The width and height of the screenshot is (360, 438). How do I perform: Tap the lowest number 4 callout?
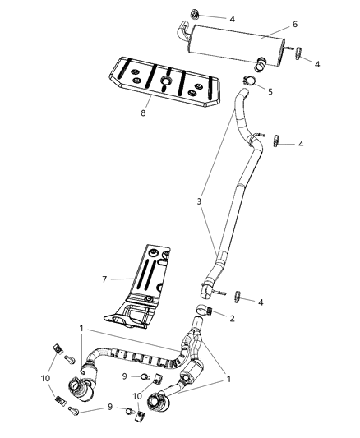pyautogui.click(x=261, y=302)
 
